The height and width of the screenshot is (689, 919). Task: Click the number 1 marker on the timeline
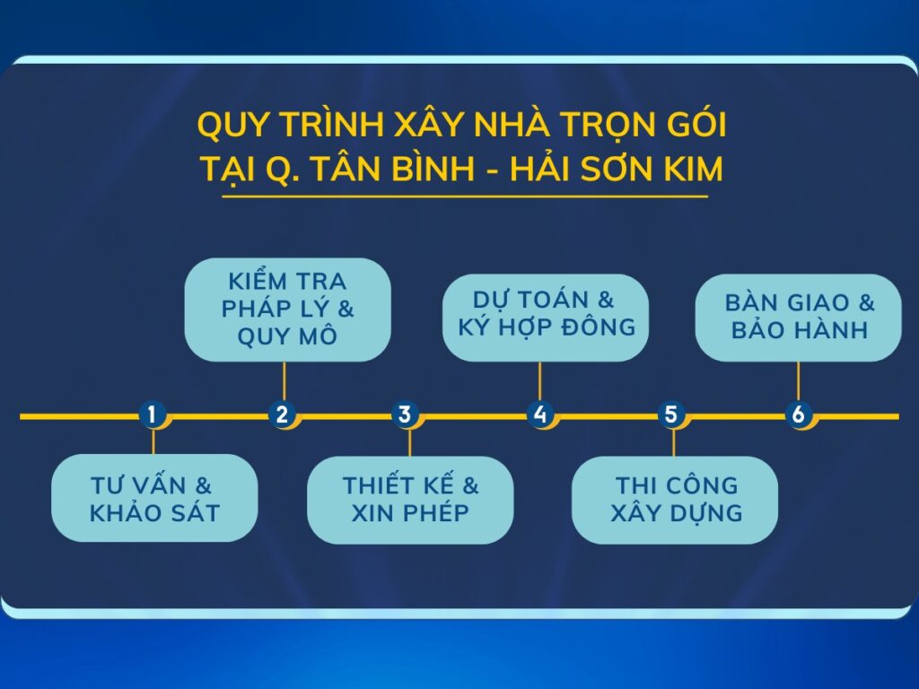pos(153,414)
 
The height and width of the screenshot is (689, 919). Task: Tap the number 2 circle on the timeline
pos(282,414)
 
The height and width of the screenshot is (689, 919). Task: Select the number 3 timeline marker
pos(405,414)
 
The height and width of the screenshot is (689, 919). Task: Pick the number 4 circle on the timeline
pos(539,414)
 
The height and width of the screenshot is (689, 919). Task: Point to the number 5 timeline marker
pos(671,414)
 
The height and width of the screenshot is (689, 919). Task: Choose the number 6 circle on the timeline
pos(798,414)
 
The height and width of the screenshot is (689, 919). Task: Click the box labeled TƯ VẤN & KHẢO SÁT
pos(154,498)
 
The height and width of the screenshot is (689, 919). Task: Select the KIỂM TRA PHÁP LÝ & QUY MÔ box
pos(288,310)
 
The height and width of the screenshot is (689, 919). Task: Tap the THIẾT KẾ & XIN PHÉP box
pos(410,500)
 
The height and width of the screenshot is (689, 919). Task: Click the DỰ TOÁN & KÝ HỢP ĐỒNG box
pos(546,318)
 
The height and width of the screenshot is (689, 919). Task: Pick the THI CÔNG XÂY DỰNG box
pos(675,500)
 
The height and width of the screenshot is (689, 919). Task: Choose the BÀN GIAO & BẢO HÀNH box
pos(798,318)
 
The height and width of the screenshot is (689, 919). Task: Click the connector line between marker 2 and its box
pos(284,381)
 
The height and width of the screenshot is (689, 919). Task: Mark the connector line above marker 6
pos(798,381)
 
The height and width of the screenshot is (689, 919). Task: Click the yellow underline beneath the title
pos(465,196)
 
